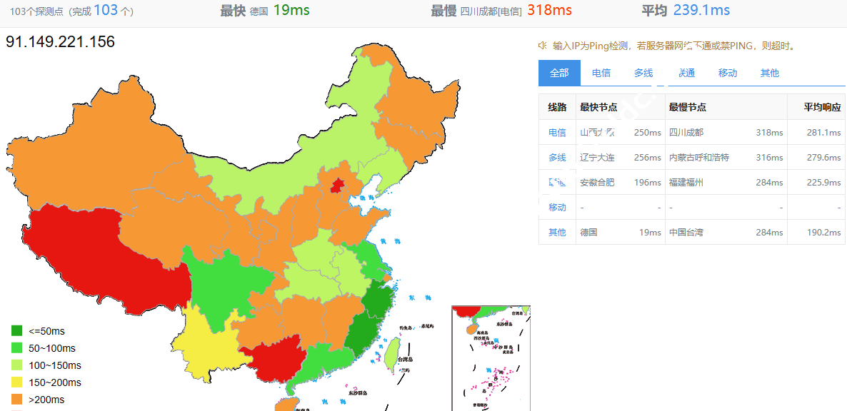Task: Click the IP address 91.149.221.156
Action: tap(60, 42)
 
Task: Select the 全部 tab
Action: tap(559, 73)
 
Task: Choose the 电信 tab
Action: tap(601, 73)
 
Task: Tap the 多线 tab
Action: tap(643, 73)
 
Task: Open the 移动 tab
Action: tap(728, 73)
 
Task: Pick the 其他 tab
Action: tap(770, 73)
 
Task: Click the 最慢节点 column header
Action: tap(688, 107)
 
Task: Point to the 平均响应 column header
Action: tap(822, 107)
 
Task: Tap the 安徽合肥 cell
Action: tap(597, 182)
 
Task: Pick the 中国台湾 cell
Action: tap(686, 232)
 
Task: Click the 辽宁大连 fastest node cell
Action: tap(597, 157)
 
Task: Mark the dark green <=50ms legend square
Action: tap(17, 331)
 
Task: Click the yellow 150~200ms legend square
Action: tap(17, 382)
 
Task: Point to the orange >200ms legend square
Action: tap(17, 400)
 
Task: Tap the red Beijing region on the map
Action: tap(336, 186)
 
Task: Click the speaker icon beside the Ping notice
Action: tap(542, 46)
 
